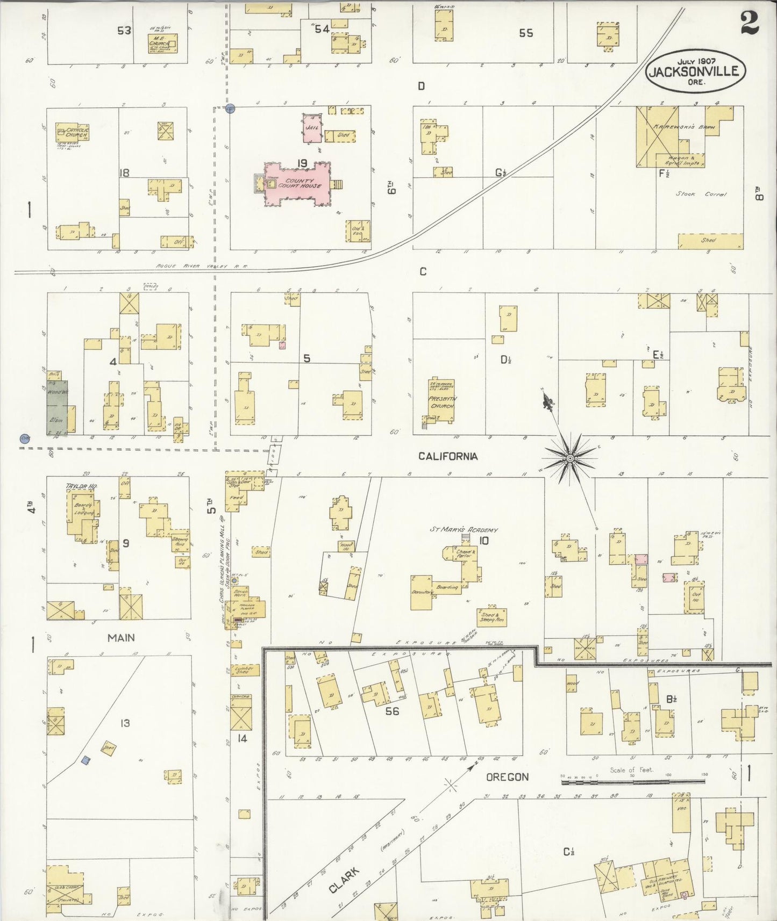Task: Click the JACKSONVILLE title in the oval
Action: point(695,71)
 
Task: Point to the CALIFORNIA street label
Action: point(448,456)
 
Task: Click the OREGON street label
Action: point(507,777)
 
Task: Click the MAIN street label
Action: point(121,638)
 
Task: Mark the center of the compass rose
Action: point(569,458)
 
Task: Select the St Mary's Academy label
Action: point(464,530)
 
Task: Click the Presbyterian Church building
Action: point(441,400)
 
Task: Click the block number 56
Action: point(392,711)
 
